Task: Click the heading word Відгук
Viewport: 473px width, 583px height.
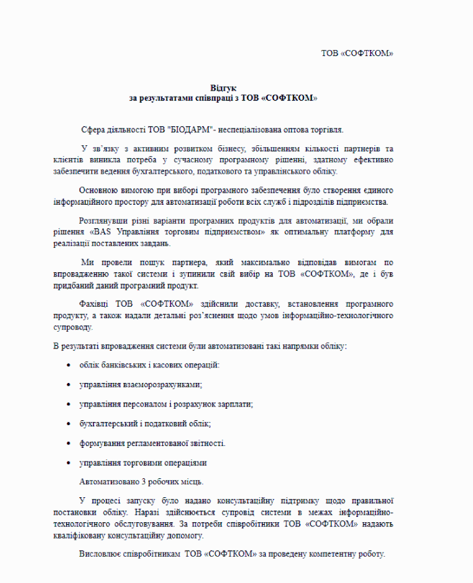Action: coord(223,88)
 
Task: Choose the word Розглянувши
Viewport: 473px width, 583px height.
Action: coord(103,221)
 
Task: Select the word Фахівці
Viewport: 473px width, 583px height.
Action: coord(93,304)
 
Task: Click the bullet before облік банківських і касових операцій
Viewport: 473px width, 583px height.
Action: coord(69,365)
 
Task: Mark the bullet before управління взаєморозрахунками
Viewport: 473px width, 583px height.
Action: coord(69,384)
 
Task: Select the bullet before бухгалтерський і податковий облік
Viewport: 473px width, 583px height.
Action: coord(69,424)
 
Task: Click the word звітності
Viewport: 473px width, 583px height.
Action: coord(206,443)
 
